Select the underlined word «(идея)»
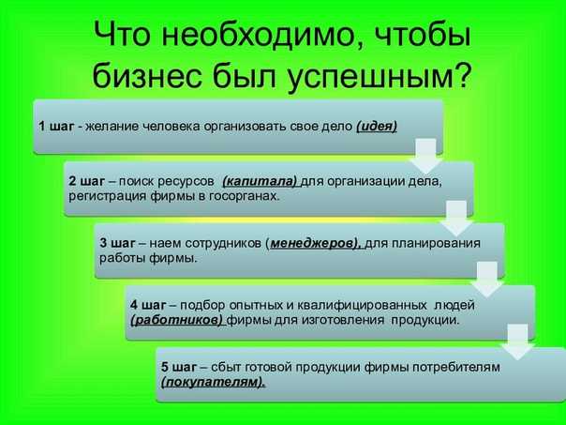377,127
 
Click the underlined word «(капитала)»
260,181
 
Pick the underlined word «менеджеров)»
315,243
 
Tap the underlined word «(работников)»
177,320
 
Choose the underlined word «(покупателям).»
213,383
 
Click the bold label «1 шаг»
56,127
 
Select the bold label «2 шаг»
86,181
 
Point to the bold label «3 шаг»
117,243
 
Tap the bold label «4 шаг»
148,305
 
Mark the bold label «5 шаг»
179,367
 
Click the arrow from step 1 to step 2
426,156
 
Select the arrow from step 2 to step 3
456,219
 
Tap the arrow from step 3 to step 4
487,280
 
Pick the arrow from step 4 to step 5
518,342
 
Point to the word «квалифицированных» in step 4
362,305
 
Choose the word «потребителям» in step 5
456,368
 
